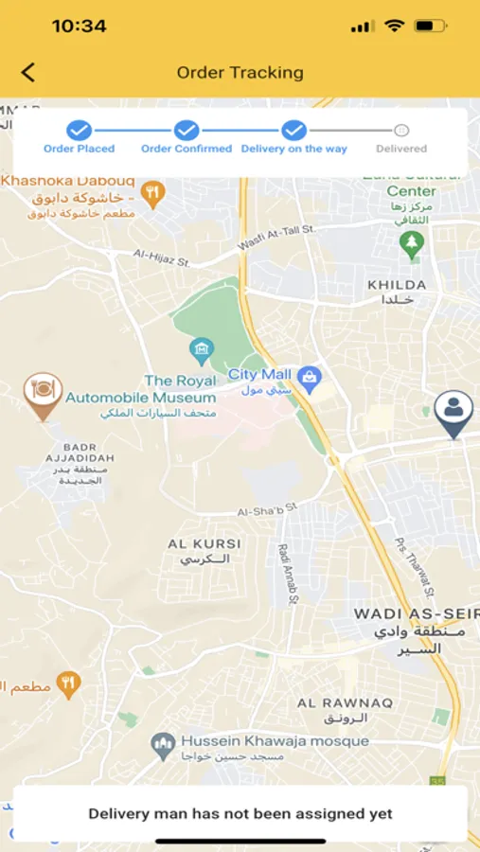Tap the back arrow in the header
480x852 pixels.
pos(28,72)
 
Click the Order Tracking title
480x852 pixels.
pos(240,72)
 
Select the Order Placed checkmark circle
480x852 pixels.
pos(79,131)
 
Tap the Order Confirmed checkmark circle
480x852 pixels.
pos(187,131)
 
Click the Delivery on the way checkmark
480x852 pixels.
pos(294,131)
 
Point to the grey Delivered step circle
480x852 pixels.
pos(401,131)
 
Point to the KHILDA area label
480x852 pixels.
pos(397,284)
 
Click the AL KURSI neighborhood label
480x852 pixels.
pos(204,544)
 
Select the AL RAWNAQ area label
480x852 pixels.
pos(332,702)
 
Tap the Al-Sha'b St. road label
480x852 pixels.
pos(267,508)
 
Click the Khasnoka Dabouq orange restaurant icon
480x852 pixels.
pos(151,193)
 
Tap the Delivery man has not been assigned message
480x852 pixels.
pos(240,813)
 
